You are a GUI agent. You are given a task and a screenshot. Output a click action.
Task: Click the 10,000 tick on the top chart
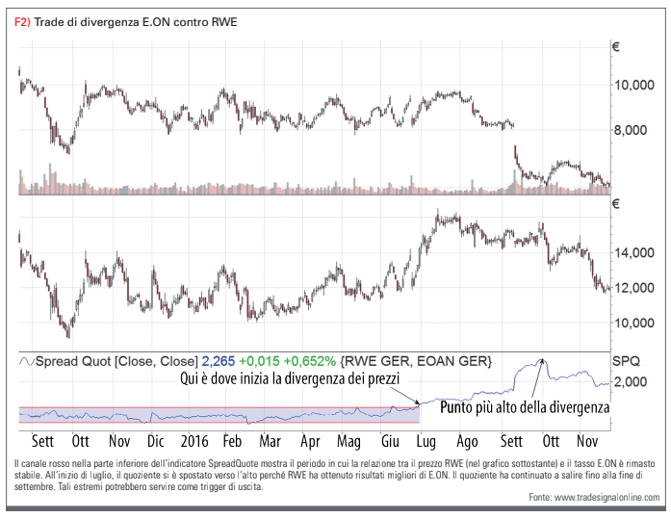click(x=636, y=86)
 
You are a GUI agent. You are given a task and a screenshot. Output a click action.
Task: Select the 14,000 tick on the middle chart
click(x=636, y=253)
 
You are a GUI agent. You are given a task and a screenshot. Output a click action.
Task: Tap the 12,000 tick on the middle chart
click(x=636, y=287)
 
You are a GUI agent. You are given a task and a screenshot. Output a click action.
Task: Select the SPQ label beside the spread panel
click(x=627, y=360)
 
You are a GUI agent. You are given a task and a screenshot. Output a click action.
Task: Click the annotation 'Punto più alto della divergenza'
click(x=525, y=407)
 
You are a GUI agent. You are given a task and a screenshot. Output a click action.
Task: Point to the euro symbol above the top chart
click(x=616, y=45)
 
